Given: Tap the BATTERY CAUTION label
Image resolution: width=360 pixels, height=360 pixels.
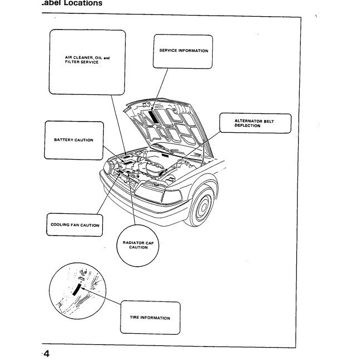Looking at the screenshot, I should point(74,140).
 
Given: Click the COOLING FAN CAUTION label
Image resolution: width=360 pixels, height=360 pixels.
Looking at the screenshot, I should point(75,225).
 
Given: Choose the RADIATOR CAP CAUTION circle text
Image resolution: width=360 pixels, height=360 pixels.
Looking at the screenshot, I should point(138,246).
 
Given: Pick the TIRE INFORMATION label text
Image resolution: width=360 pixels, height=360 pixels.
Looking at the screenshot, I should point(150,318).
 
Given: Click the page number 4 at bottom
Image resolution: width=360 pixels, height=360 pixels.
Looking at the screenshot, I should point(47,354).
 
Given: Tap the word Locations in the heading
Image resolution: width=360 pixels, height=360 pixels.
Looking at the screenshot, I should point(83,3).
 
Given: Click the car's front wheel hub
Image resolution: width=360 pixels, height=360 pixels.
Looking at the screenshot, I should point(203,208).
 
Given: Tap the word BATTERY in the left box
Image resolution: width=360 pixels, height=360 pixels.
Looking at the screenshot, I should point(63,140).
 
